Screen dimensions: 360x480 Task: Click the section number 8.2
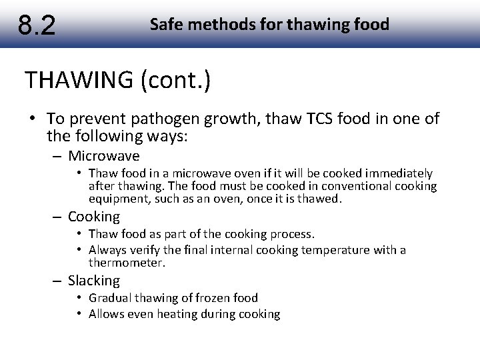point(37,25)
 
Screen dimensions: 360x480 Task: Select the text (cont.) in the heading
point(175,80)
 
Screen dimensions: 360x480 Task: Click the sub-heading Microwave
point(103,156)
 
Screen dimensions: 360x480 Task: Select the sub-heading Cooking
point(93,217)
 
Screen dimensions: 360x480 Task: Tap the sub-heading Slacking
point(93,281)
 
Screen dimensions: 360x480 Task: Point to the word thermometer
point(127,263)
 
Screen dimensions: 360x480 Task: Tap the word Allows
point(107,313)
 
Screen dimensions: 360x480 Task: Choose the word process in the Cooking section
point(291,234)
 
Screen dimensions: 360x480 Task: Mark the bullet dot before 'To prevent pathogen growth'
point(32,119)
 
